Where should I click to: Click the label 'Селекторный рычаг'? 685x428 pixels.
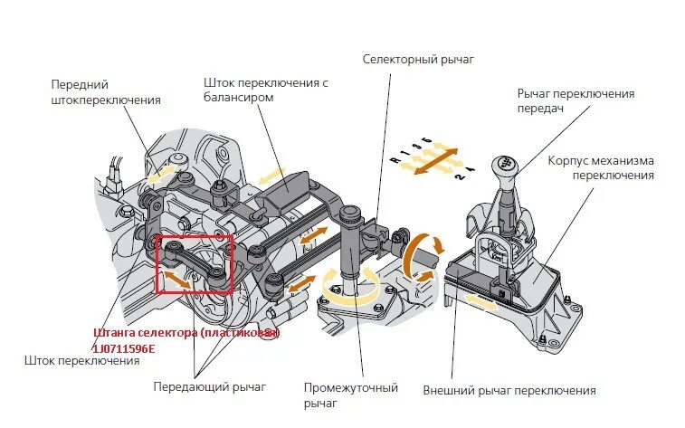418,60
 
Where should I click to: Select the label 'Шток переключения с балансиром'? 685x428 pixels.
265,90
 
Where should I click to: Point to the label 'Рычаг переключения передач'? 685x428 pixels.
576,100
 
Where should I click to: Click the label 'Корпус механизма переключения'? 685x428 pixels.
600,167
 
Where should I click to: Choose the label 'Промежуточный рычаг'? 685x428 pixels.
351,395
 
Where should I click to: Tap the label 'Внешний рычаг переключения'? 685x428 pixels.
509,391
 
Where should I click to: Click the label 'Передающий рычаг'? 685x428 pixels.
209,387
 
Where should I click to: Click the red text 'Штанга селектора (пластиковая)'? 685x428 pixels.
186,333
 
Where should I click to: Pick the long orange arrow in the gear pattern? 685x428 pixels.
433,159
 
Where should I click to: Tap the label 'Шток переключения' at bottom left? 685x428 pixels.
82,361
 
